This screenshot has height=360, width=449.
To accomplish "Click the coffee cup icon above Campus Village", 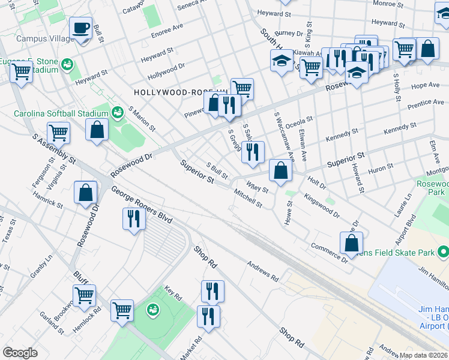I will (x=80, y=28).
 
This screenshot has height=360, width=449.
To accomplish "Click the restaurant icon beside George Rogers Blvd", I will (x=133, y=218).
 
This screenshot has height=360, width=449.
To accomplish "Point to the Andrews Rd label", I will (x=264, y=271).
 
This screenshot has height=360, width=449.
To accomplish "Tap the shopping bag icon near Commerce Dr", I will (x=351, y=243).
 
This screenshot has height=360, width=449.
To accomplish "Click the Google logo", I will (x=20, y=352).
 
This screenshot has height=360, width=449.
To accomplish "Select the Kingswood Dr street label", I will (x=322, y=205).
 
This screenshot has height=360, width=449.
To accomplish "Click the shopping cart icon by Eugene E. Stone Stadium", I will (x=22, y=72).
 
